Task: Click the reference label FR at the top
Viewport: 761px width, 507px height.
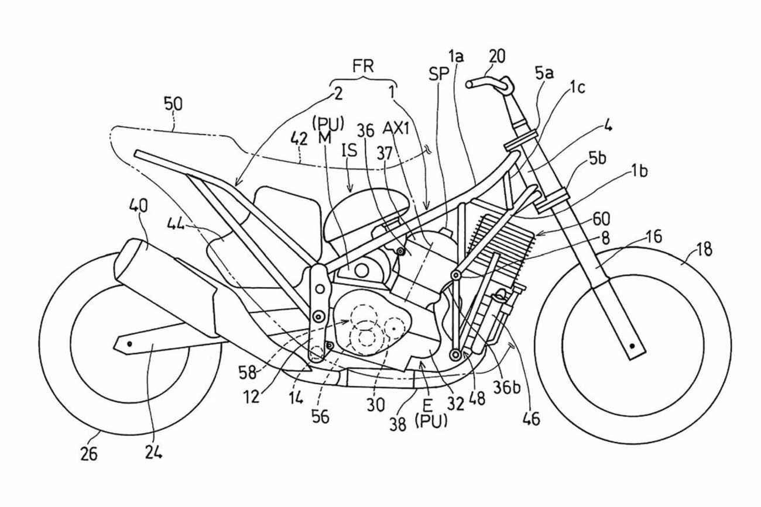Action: click(363, 65)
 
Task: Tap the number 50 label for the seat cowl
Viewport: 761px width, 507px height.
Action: click(173, 104)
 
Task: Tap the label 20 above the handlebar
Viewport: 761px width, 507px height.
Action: click(497, 56)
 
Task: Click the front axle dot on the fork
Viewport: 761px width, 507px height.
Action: click(632, 347)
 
